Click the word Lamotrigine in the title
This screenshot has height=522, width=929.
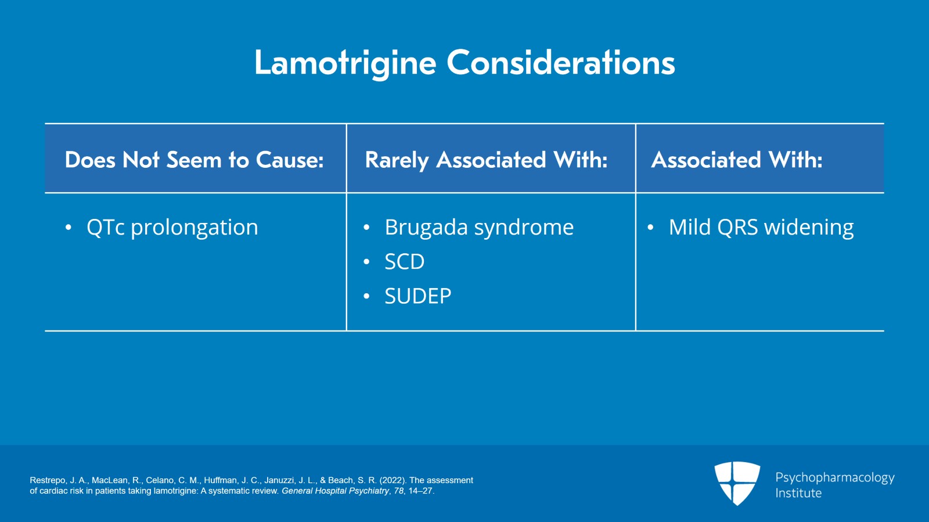(345, 63)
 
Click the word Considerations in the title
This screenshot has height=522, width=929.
(560, 63)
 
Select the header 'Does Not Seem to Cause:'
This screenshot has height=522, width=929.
(194, 160)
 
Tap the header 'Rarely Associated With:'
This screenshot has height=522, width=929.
(486, 160)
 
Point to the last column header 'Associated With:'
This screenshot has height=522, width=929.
(736, 160)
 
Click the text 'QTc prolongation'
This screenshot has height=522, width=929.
(172, 228)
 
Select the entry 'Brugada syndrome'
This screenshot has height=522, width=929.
(478, 228)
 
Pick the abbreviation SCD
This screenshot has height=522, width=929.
(404, 262)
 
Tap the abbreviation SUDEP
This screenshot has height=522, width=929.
(417, 296)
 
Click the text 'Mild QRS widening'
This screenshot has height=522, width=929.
(761, 228)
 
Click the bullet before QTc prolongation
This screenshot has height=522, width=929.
(69, 228)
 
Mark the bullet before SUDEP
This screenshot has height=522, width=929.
(366, 296)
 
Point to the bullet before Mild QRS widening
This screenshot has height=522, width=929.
(650, 228)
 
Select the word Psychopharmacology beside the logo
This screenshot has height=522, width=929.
(834, 477)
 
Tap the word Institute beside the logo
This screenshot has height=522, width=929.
(798, 493)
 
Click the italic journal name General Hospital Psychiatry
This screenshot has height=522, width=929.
(335, 491)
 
